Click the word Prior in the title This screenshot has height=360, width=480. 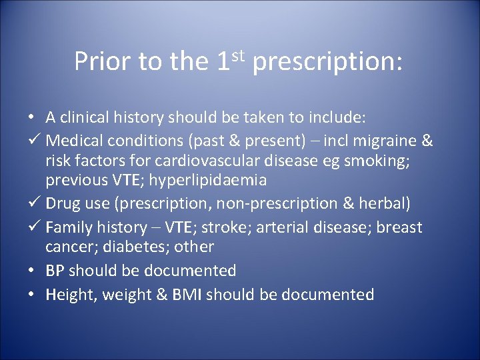103,62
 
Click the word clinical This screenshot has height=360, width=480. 86,118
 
